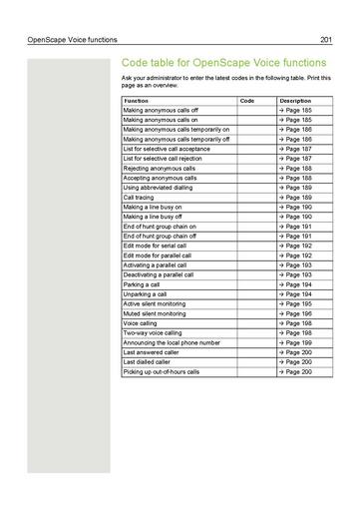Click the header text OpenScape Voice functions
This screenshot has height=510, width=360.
click(x=62, y=39)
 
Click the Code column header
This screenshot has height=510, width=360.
click(x=248, y=101)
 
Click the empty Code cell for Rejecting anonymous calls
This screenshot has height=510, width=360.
click(x=254, y=169)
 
